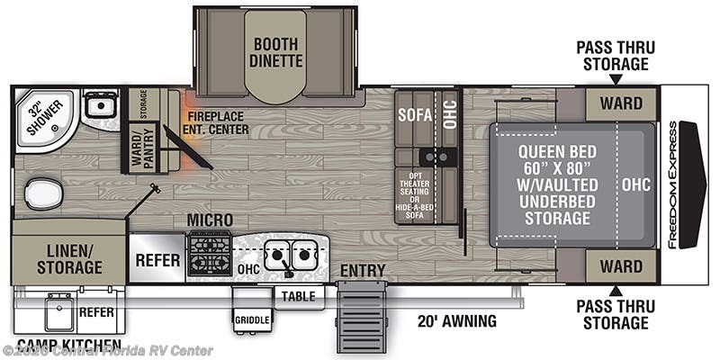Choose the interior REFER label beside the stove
[157, 256]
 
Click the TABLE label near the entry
[298, 295]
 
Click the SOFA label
[416, 115]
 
